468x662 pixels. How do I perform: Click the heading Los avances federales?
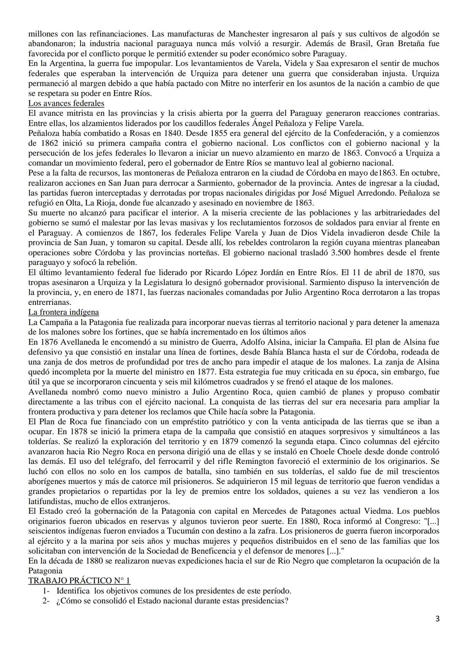point(66,103)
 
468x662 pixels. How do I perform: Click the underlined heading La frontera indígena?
point(63,312)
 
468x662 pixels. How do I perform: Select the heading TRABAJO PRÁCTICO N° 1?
point(79,581)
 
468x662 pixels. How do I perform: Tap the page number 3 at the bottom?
point(438,619)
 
